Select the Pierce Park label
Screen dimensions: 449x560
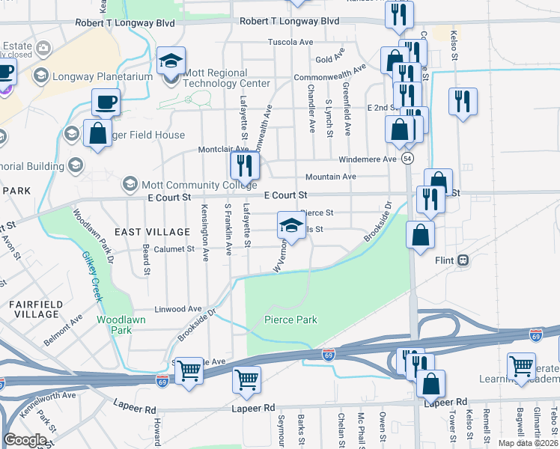coord(290,320)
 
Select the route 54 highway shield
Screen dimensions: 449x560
coord(407,159)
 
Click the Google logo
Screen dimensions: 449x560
coord(25,440)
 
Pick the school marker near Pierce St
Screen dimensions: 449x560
coord(292,224)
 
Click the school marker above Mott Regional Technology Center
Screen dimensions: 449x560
coord(171,61)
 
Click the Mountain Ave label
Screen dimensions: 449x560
coord(330,177)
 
